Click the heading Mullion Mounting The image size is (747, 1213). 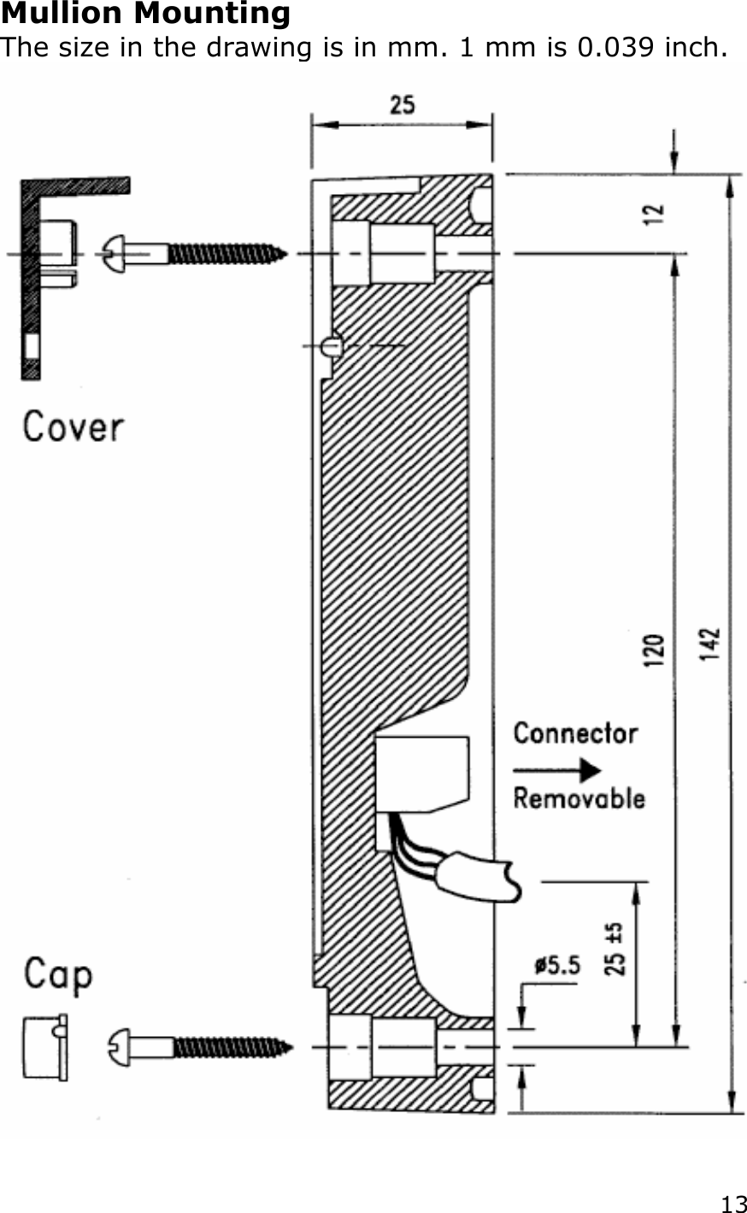pos(145,14)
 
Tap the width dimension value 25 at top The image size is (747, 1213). pos(403,105)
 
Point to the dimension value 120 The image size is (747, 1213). pos(654,651)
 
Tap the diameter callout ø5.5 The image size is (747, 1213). pos(556,965)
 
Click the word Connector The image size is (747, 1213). pos(575,733)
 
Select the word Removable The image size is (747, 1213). pos(579,799)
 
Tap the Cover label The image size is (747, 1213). pos(74,426)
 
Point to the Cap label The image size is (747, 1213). pos(57,974)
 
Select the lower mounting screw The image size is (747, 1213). pos(202,1045)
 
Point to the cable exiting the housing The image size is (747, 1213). pos(479,876)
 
